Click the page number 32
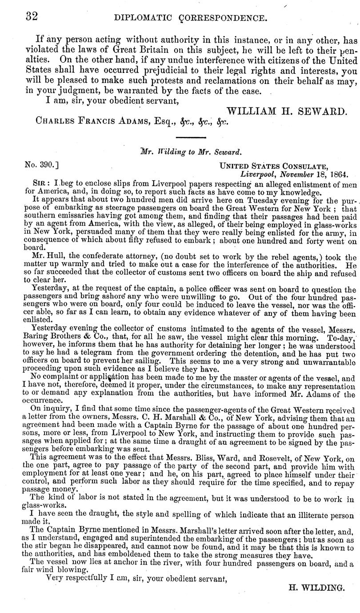tap(31, 16)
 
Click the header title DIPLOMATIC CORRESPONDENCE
tap(191, 18)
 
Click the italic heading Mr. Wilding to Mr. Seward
tap(191, 151)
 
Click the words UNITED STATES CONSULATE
tap(274, 166)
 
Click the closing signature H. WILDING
tap(316, 587)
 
